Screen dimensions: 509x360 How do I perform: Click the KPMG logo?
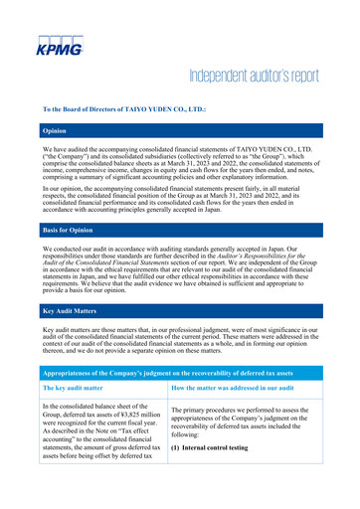(60, 46)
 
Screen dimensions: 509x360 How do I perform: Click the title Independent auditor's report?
(261, 79)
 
